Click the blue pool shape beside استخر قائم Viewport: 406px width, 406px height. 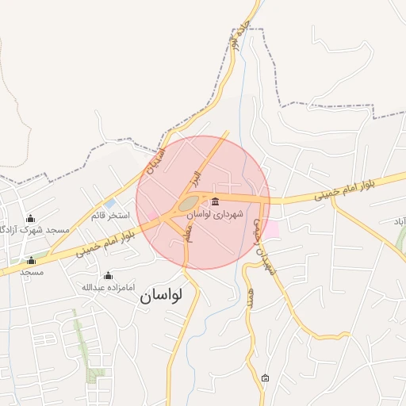pos(109,204)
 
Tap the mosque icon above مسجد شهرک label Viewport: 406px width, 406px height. pos(31,218)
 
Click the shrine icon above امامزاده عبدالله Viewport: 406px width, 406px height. pos(109,274)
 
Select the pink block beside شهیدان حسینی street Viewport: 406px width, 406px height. pos(271,228)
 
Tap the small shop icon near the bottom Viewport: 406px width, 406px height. pos(265,378)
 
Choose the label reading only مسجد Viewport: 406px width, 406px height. pos(32,272)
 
